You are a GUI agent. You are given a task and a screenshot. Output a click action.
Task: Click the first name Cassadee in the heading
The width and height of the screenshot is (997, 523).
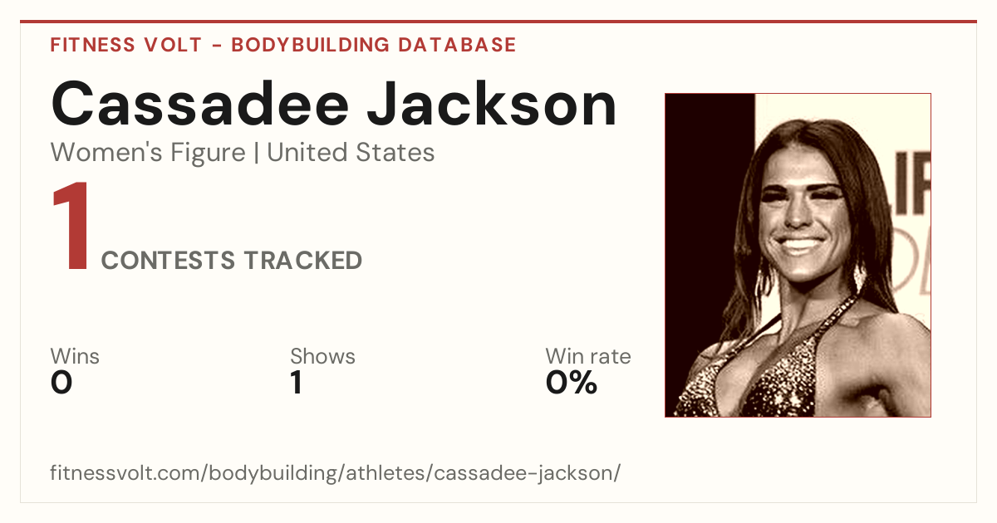[200, 104]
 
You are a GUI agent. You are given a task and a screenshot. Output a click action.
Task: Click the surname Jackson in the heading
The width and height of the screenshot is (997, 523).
[492, 104]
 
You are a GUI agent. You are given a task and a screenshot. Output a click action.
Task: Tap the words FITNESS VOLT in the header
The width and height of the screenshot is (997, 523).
[126, 45]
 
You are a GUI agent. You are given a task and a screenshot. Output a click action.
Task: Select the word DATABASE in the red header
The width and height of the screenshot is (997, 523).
[457, 45]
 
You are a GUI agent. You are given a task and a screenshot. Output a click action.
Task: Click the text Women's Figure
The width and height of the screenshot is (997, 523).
[148, 152]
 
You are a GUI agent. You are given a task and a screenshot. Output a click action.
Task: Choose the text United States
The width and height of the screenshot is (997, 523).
[351, 152]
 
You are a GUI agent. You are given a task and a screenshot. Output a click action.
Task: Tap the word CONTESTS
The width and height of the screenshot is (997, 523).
[168, 260]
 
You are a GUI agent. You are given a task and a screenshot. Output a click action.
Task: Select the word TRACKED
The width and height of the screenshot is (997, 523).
[303, 260]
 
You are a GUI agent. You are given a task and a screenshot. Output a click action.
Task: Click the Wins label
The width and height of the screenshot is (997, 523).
[75, 356]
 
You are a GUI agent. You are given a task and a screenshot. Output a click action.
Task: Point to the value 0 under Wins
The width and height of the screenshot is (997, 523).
[61, 383]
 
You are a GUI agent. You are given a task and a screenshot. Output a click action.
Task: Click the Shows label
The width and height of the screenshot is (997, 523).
[322, 356]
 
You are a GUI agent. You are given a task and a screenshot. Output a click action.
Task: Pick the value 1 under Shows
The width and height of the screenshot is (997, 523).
[297, 383]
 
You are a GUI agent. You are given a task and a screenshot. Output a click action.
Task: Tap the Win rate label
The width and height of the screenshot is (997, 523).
[588, 356]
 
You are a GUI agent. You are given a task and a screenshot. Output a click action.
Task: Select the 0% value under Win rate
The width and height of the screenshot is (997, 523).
[572, 383]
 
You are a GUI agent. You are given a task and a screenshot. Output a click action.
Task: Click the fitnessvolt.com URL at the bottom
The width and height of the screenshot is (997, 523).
[335, 472]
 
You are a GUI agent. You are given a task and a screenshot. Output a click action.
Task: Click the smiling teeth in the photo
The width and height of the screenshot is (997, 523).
[800, 245]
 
